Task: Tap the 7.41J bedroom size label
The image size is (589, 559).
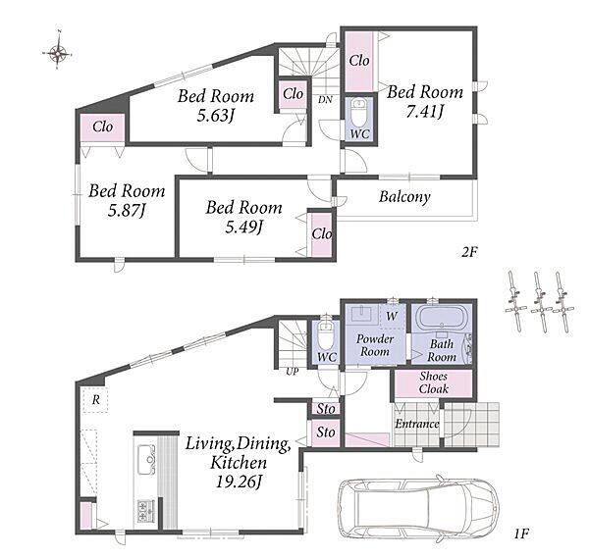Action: click(425, 112)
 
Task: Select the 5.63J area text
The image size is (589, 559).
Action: click(216, 115)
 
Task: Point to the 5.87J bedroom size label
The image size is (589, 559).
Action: click(127, 210)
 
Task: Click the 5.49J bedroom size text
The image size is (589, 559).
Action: click(243, 227)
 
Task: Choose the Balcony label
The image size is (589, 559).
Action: click(404, 197)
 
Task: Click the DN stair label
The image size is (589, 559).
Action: click(325, 100)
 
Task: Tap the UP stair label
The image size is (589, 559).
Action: click(293, 372)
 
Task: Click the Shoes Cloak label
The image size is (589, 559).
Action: click(434, 382)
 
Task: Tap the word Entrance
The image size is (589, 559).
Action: click(417, 424)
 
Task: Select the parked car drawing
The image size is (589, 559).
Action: click(419, 509)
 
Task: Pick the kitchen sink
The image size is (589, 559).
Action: click(147, 459)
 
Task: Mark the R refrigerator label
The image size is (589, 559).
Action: click(96, 400)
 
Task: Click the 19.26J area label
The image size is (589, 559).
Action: click(239, 482)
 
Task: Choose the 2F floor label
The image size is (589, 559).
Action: click(469, 252)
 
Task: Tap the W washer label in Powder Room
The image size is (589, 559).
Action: click(392, 316)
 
